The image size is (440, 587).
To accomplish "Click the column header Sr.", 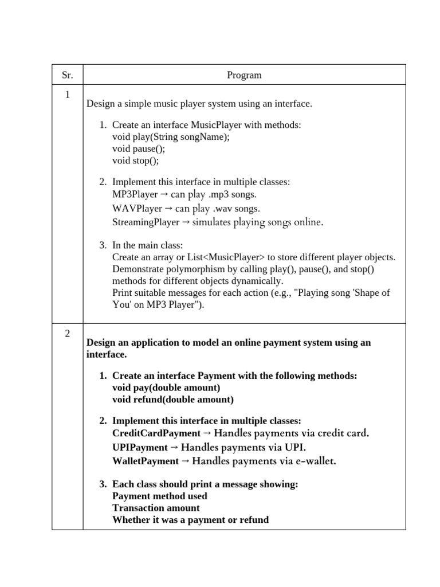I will click(x=67, y=75).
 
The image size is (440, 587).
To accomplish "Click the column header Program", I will click(x=244, y=75).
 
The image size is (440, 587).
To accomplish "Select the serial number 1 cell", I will click(x=67, y=96).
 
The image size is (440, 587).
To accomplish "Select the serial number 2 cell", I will click(x=67, y=334).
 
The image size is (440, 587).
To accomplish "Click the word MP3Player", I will click(x=135, y=194).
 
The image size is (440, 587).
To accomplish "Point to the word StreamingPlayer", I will click(x=146, y=222).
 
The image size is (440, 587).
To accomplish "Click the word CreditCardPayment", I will click(x=156, y=433).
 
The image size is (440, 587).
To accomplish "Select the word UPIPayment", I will click(x=140, y=447).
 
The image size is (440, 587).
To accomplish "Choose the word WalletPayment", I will click(x=146, y=460).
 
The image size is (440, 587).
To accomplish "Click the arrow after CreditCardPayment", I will click(x=207, y=433).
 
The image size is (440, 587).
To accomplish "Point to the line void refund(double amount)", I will click(x=172, y=400).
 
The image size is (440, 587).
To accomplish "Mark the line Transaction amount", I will click(x=156, y=508).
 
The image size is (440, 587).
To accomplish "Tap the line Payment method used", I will click(x=160, y=496).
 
